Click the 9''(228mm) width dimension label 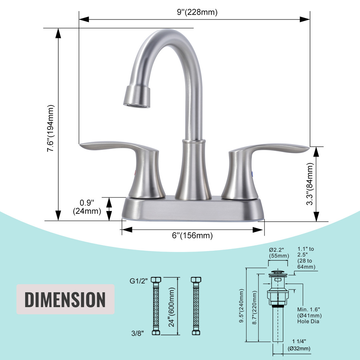tap(197, 12)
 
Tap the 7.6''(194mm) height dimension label tap(51, 128)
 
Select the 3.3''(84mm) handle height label tap(310, 184)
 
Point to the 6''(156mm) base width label tap(192, 235)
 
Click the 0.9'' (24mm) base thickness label tap(87, 207)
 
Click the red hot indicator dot tap(135, 173)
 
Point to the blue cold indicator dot tap(252, 174)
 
